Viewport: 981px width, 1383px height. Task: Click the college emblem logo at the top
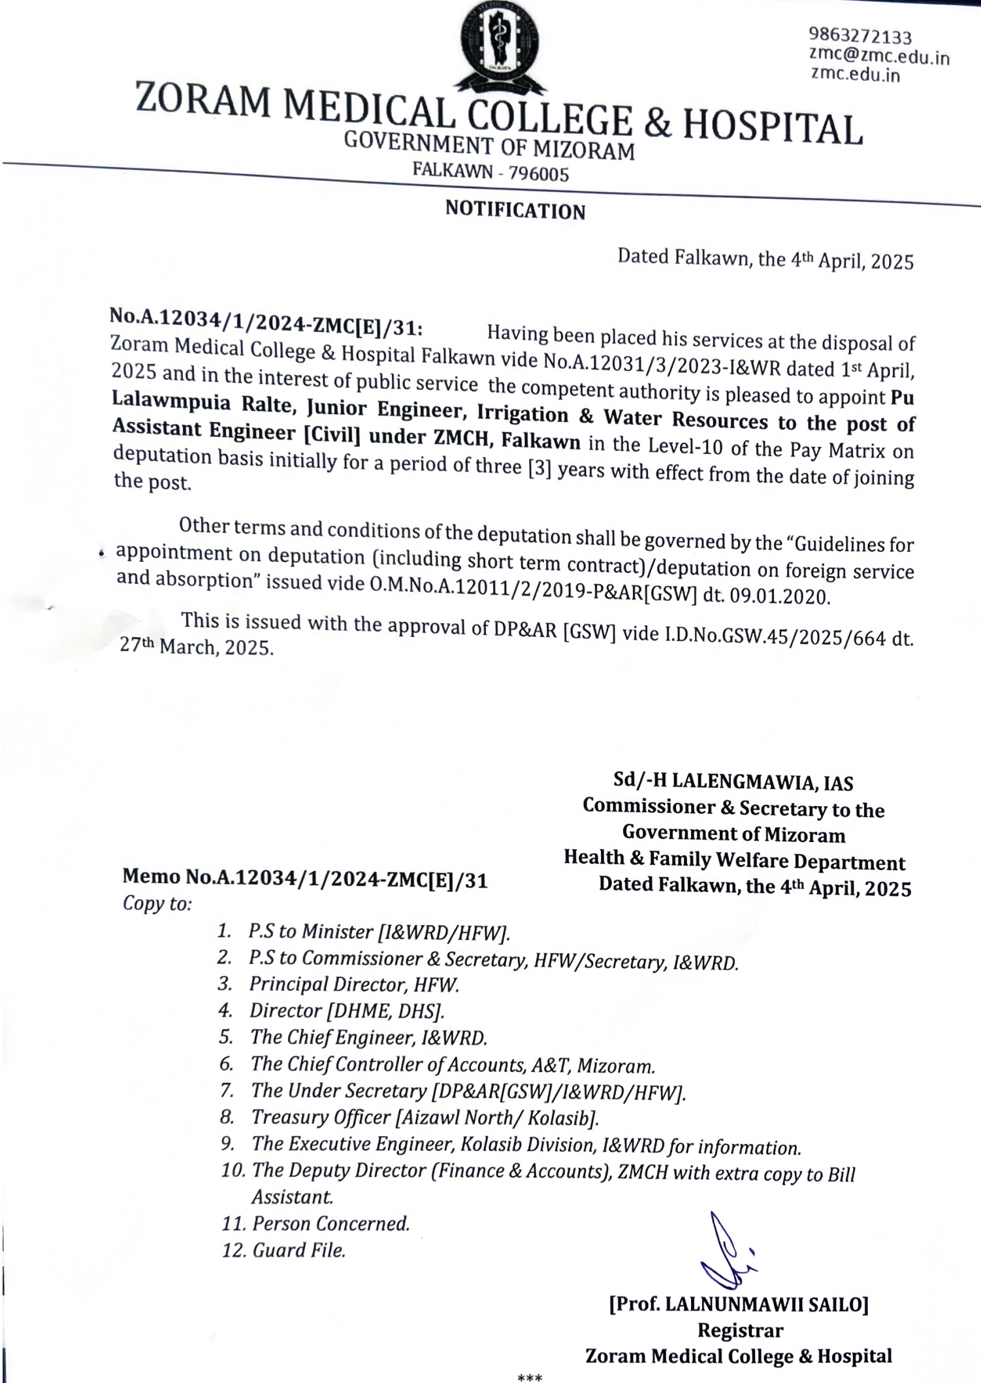(500, 46)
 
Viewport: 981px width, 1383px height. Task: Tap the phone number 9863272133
(860, 35)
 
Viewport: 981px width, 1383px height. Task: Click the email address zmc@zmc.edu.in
(878, 56)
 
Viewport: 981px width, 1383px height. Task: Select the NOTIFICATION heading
(515, 210)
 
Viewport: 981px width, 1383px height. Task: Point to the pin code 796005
(539, 174)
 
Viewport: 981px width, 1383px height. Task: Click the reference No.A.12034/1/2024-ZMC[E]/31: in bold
(266, 322)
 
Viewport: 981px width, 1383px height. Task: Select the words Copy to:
(157, 903)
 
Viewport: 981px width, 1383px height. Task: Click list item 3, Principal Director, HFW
(354, 984)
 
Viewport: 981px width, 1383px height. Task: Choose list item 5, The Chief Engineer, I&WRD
(368, 1037)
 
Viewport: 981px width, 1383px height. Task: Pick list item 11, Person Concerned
(330, 1224)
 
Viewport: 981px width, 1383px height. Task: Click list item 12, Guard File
(298, 1250)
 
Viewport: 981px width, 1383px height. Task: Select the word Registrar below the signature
(740, 1330)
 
